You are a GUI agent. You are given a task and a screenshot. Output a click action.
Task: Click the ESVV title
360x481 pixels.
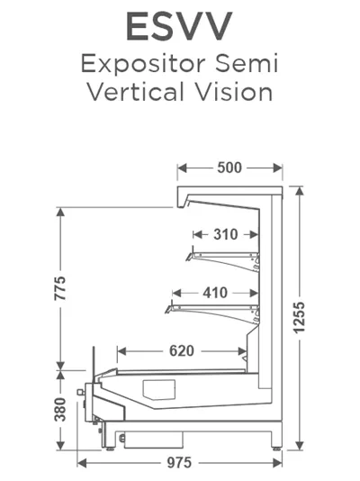point(179,26)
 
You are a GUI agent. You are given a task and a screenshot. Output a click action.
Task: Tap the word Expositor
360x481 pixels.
point(143,64)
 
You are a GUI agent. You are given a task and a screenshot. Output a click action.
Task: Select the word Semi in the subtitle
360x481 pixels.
point(247,63)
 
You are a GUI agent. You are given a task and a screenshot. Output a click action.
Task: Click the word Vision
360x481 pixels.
point(234,91)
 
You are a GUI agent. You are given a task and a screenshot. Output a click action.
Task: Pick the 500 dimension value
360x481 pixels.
point(229,168)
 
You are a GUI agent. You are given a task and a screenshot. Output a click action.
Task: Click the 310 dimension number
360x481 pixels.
point(226,235)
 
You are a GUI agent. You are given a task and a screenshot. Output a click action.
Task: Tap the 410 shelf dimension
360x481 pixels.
point(215,293)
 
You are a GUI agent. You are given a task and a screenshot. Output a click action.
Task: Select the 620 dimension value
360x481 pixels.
point(182,351)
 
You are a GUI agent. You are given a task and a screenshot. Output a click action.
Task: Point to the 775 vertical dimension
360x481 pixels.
point(60,288)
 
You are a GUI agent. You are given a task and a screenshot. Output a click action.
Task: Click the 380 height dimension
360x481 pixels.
point(60,410)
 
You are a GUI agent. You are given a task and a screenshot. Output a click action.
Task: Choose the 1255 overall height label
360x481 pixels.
point(300,318)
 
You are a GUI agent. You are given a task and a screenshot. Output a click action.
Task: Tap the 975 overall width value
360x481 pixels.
point(179,463)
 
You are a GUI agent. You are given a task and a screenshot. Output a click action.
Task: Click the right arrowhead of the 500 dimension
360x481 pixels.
point(278,168)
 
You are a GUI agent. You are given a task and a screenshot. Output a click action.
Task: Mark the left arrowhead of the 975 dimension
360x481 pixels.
point(82,463)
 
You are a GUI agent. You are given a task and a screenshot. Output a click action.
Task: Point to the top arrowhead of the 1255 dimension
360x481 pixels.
point(300,191)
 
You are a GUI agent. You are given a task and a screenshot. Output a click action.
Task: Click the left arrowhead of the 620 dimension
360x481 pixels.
point(121,351)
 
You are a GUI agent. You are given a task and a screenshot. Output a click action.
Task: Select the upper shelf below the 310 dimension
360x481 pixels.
point(222,259)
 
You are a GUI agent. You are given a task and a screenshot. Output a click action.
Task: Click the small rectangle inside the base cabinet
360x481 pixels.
point(159,390)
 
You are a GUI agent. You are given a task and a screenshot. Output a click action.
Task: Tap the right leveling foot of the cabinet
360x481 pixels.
point(276,449)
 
